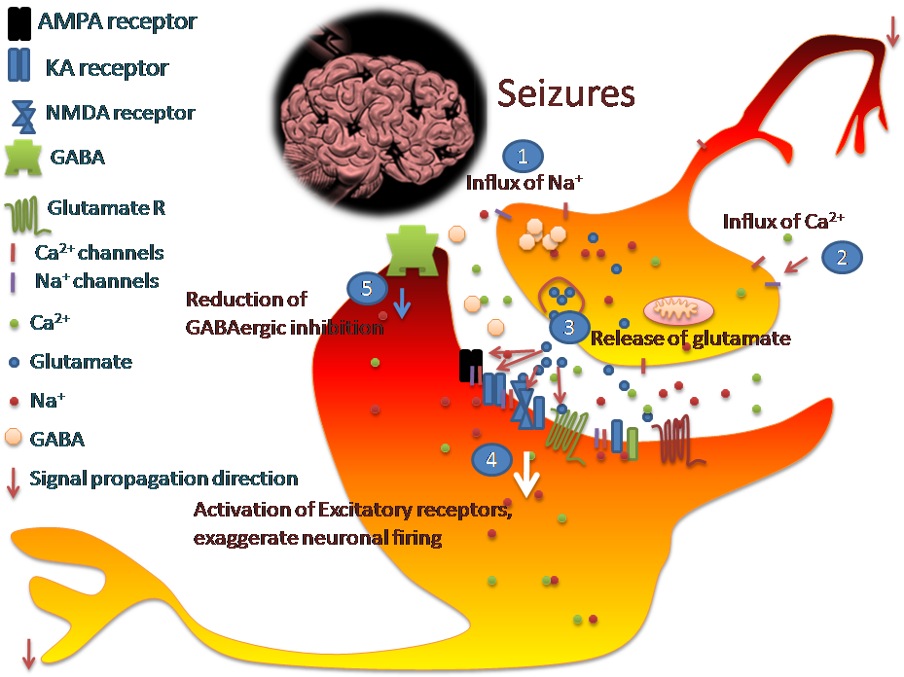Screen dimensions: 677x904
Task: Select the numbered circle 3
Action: [x=570, y=327]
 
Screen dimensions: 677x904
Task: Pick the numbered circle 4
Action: [x=491, y=460]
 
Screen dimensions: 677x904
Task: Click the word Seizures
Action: [x=566, y=93]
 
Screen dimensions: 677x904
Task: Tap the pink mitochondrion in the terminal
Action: [x=678, y=310]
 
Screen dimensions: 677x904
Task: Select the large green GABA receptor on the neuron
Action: [x=415, y=249]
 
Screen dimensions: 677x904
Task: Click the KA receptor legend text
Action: [x=107, y=68]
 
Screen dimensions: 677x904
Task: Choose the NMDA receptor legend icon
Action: [x=22, y=115]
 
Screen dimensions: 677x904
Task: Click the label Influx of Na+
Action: [x=518, y=182]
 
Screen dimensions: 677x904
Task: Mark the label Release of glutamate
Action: [x=690, y=338]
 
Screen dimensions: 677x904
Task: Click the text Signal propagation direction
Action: [x=163, y=479]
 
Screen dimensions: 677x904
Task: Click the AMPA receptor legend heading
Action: [x=117, y=20]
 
